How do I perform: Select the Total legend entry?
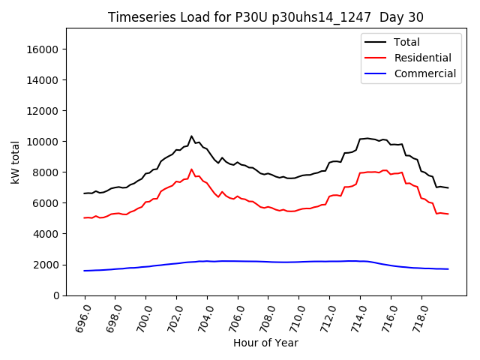407,42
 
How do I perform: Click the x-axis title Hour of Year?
266,343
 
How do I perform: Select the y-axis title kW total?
15,162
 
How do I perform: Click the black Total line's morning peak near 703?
191,136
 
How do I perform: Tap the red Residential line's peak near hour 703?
191,169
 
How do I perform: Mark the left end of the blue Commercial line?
85,271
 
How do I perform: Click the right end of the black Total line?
448,187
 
